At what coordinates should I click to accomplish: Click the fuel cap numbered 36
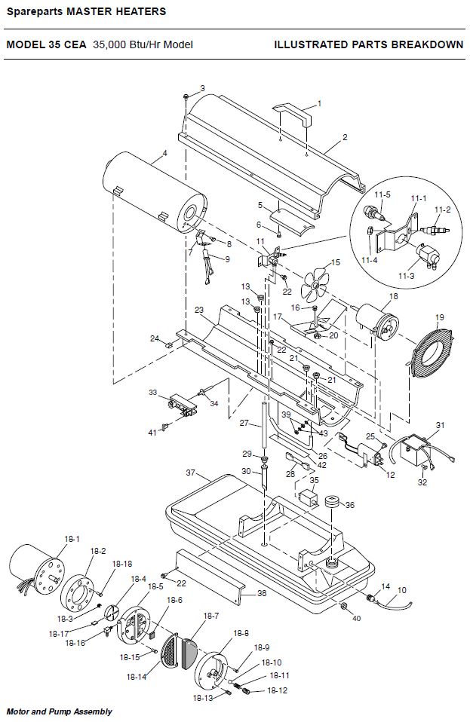coord(332,501)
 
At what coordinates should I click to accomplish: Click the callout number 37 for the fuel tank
coord(191,473)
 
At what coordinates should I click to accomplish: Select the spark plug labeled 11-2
coord(435,230)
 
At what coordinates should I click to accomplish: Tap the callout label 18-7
coord(211,616)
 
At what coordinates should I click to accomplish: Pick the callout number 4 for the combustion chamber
coord(165,153)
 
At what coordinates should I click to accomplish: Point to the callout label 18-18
coord(122,564)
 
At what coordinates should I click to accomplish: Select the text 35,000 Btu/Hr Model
coord(143,44)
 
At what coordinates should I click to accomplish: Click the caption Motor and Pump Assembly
coord(60,711)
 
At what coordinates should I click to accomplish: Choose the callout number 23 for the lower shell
coord(199,310)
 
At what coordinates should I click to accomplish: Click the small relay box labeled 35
coord(307,498)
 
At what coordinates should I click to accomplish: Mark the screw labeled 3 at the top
coord(186,96)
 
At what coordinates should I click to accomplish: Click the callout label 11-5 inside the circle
coord(382,194)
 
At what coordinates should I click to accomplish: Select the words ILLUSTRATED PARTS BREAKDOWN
coord(369,44)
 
